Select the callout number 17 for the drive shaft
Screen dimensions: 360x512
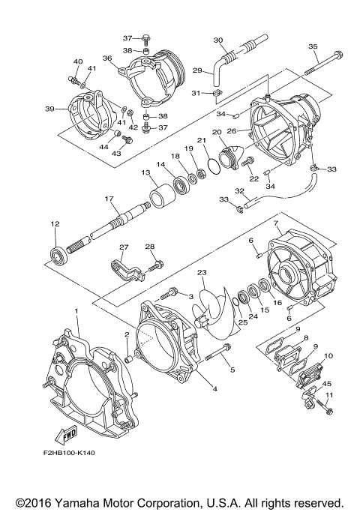[109, 198]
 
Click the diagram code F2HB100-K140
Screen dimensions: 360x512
[68, 453]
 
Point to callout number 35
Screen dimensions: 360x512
[313, 46]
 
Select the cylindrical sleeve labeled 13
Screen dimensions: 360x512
[161, 196]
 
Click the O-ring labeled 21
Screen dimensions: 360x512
[213, 166]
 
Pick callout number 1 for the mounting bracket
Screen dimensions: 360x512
[76, 312]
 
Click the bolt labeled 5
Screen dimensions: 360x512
[218, 352]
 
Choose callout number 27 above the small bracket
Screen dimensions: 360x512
[124, 247]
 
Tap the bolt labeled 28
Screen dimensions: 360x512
[156, 266]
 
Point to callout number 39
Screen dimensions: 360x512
[49, 109]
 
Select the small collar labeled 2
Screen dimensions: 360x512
[129, 360]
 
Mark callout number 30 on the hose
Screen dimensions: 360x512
[218, 40]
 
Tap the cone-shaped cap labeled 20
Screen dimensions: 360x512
[232, 157]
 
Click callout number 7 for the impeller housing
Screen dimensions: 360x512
[276, 223]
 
